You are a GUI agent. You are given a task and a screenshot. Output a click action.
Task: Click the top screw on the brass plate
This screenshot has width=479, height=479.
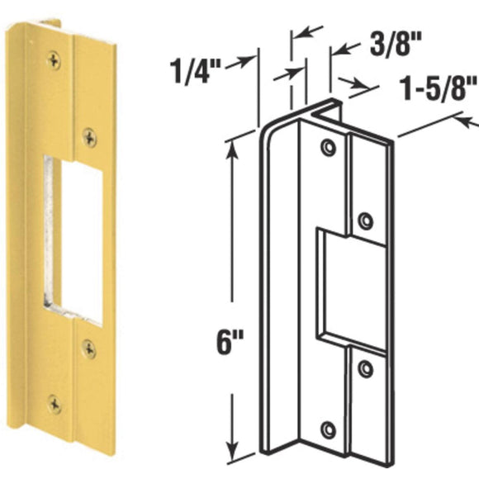pos(55,58)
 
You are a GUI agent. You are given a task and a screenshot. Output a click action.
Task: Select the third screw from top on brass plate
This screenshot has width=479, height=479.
pos(88,347)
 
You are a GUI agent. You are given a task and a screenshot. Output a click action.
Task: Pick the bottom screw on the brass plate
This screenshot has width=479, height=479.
pos(55,404)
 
